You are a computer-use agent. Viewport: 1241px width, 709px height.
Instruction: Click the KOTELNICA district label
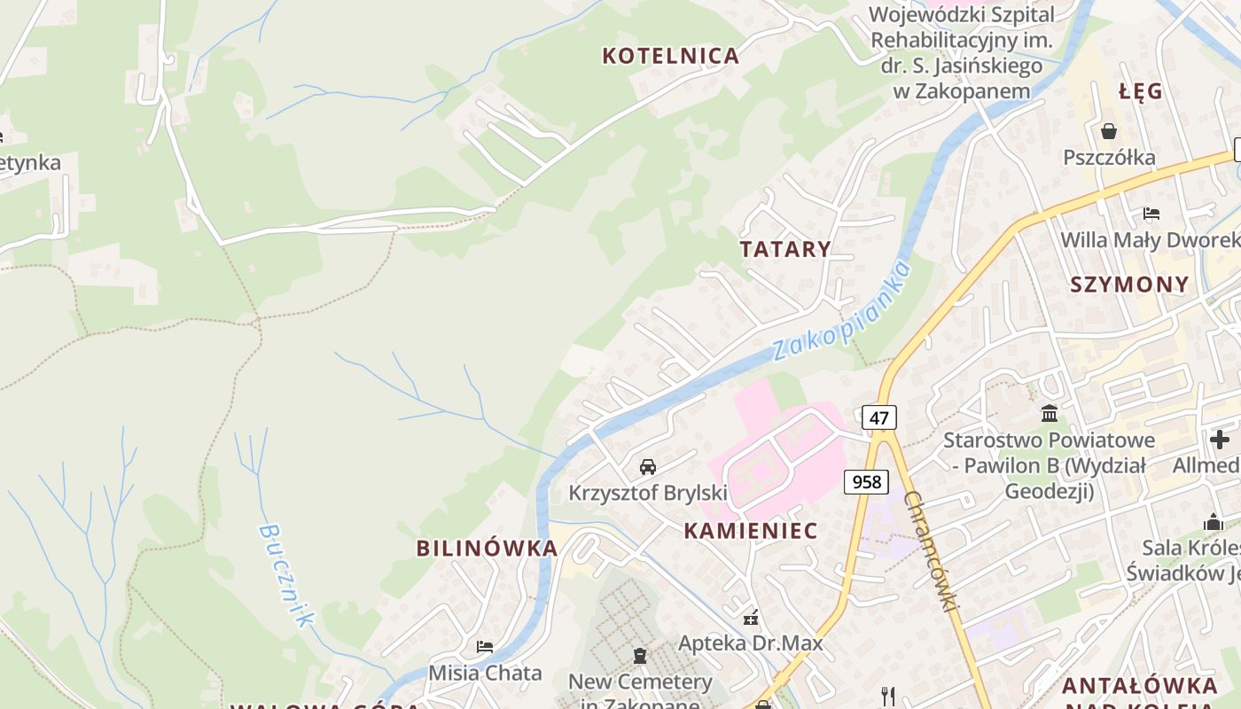pos(670,56)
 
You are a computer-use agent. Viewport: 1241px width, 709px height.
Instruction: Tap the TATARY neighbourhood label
pos(785,249)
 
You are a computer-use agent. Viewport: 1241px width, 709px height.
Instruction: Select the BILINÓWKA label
pos(488,549)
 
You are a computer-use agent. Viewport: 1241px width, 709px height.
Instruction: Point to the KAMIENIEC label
pos(751,531)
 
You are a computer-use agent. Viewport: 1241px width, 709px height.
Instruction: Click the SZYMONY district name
pos(1128,284)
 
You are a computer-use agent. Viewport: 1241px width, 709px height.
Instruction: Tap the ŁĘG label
pos(1140,91)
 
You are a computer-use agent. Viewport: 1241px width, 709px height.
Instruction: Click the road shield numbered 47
pos(878,417)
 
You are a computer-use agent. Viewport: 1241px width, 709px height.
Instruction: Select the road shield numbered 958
pos(866,481)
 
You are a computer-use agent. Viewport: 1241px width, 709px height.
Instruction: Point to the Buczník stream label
pos(286,574)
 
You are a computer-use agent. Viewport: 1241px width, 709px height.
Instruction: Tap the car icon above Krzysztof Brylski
pos(648,466)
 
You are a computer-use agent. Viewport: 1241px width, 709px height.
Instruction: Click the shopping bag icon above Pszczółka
pos(1108,132)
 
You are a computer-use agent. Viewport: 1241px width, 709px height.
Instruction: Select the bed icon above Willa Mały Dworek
pos(1151,214)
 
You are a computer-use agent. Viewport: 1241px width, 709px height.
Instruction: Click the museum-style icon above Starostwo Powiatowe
pos(1050,413)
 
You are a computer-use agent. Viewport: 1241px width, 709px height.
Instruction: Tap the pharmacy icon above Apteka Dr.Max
pos(751,618)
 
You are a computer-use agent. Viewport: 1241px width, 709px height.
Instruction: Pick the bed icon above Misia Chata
pos(484,647)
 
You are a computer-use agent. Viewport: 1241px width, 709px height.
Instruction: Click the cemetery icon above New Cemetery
pos(639,657)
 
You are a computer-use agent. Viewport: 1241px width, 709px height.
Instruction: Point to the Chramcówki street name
pos(932,550)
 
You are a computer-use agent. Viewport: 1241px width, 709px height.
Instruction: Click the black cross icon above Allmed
pos(1220,439)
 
